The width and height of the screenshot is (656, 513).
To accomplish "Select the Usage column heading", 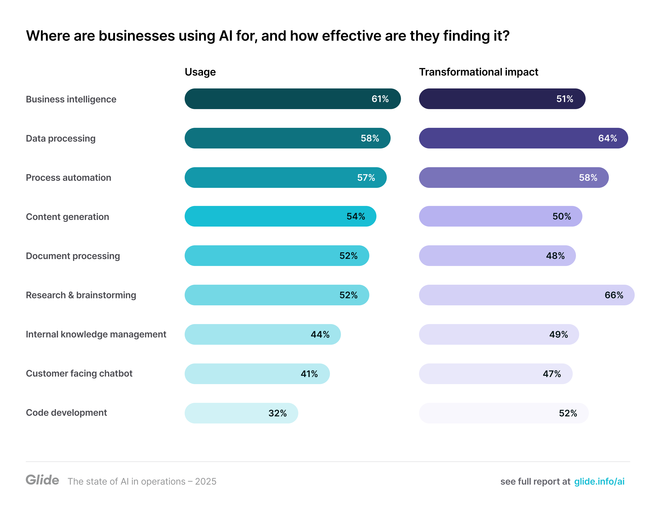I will point(200,72).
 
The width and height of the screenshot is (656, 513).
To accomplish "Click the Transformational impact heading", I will point(478,72).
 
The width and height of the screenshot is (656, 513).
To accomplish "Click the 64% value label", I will point(607,138).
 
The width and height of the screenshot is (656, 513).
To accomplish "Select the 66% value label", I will point(614,295).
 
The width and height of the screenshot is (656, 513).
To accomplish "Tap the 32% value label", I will point(277,413).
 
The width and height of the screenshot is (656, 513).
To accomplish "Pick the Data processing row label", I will point(61,138).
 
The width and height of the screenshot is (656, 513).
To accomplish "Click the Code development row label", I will point(66,413).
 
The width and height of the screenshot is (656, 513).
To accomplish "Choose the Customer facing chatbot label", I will point(79,373).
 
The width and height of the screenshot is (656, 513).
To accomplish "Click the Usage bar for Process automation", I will point(270,178).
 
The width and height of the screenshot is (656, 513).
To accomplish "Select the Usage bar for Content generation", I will point(264,216).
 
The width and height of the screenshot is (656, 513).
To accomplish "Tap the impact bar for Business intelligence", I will point(487,99).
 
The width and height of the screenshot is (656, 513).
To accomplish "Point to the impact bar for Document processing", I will point(481,256).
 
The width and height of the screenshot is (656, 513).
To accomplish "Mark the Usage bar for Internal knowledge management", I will point(246,334).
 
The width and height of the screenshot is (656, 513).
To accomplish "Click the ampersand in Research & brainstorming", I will point(71,295).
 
